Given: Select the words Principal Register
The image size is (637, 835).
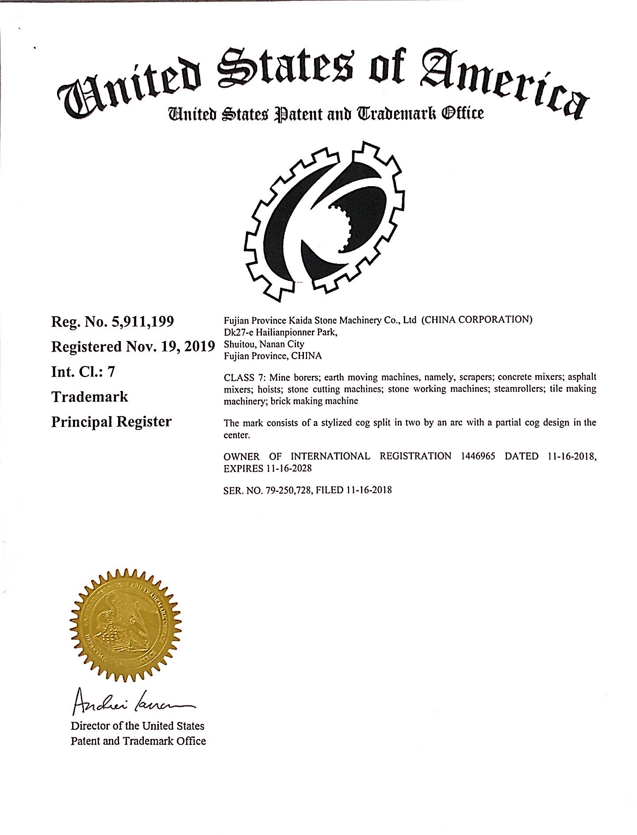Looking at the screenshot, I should [111, 422].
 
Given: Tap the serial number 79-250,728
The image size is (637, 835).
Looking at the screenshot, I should [288, 490].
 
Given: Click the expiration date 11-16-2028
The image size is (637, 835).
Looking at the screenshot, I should [292, 468].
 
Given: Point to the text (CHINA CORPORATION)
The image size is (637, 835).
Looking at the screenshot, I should [476, 319].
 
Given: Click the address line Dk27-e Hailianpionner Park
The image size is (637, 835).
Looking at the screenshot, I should [281, 332].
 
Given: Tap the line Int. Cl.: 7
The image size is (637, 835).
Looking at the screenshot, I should [83, 372].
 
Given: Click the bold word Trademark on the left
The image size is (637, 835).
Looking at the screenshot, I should [89, 397].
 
